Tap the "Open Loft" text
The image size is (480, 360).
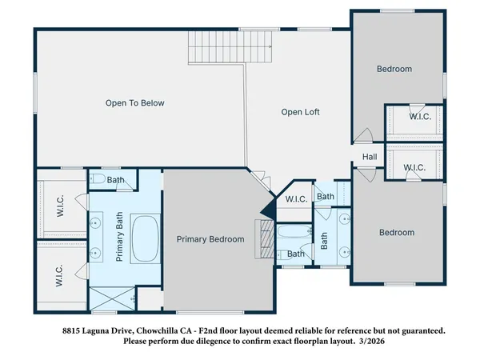click(x=300, y=112)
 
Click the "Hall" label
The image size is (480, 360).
click(x=370, y=157)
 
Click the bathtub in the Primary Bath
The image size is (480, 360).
click(x=144, y=239)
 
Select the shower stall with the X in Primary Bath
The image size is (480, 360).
click(x=110, y=299)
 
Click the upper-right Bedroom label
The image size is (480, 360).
click(x=394, y=69)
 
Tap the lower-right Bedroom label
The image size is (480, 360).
click(x=397, y=233)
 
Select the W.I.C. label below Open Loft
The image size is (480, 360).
click(x=296, y=199)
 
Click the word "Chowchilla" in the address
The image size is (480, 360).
click(x=162, y=330)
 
